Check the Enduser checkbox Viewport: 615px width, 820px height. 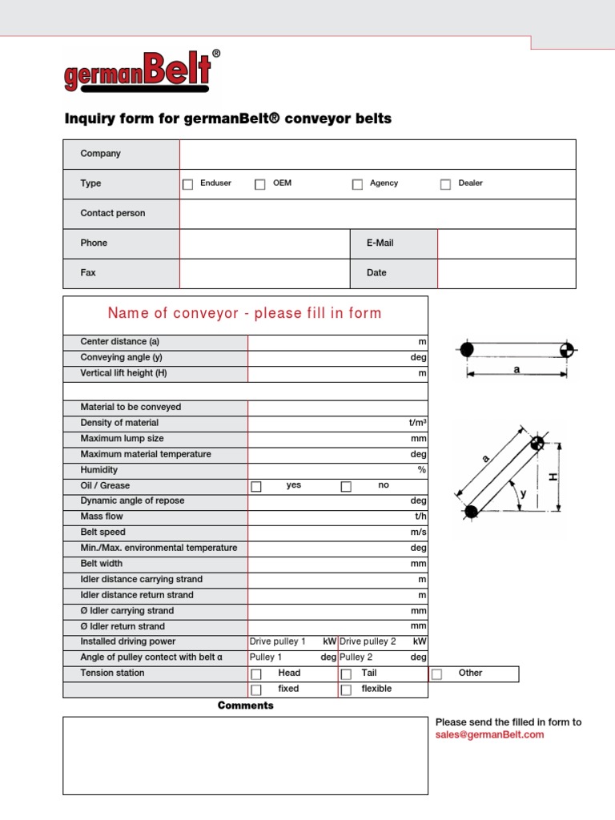pos(188,184)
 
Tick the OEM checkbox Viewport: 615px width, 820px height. pos(260,184)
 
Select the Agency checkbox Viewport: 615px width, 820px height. pos(357,184)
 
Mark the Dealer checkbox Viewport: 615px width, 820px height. pos(446,184)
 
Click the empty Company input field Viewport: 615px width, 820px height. pos(377,154)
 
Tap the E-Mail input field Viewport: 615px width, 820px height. pos(506,243)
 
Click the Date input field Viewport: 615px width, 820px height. pos(506,273)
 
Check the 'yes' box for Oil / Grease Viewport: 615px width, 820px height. pos(256,486)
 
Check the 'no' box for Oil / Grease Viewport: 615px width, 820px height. pos(346,486)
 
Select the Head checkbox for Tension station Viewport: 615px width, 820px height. pos(256,674)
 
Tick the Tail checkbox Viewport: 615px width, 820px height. pos(346,674)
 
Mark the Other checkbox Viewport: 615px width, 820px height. pos(436,674)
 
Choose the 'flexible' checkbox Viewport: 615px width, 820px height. pos(346,689)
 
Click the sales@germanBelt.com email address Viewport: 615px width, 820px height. pos(489,734)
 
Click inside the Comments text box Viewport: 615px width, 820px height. pos(245,754)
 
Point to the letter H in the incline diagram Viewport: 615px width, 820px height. pos(553,477)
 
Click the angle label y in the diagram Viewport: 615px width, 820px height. pos(524,493)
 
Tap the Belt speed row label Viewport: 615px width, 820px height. pos(103,532)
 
